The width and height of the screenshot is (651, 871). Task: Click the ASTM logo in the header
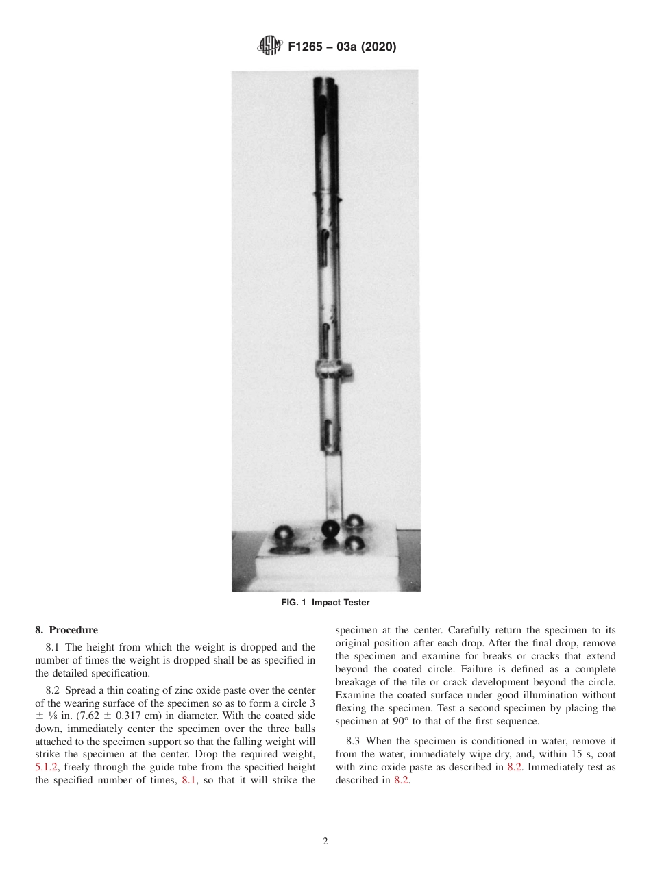point(270,47)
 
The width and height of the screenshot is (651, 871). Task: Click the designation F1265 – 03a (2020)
point(342,47)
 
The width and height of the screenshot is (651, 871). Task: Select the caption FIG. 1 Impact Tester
point(325,603)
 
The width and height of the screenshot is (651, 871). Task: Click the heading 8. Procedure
point(66,630)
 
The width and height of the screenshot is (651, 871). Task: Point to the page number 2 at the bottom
point(325,842)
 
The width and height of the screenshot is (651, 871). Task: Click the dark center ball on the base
point(330,529)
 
